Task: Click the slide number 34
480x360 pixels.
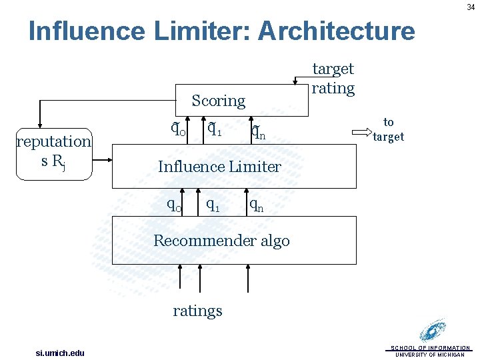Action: (471, 7)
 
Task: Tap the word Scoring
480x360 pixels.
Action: (218, 101)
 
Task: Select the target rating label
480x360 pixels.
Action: (333, 78)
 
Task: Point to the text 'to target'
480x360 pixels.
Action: (389, 129)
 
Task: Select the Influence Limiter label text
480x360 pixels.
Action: (219, 167)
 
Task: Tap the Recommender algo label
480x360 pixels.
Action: (221, 241)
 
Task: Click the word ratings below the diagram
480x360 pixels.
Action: (197, 311)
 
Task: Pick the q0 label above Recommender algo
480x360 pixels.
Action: (175, 205)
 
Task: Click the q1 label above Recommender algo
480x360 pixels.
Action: (213, 205)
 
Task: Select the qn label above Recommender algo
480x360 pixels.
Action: (257, 207)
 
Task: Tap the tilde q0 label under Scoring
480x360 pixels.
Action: (178, 129)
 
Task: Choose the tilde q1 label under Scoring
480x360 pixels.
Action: (215, 128)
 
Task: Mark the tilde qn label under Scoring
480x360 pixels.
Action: (258, 134)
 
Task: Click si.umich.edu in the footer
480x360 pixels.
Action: (60, 352)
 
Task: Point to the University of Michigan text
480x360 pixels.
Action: (430, 355)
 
